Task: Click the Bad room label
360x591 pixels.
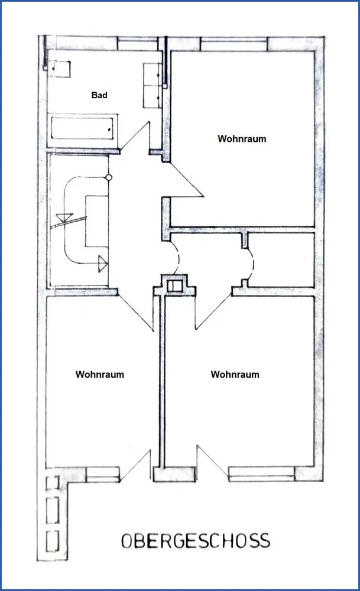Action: pos(99,95)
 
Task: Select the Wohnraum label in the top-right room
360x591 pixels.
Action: pos(242,139)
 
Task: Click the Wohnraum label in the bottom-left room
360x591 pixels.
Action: pos(100,375)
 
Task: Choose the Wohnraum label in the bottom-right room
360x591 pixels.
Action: pos(235,375)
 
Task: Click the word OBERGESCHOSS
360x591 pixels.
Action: pos(195,541)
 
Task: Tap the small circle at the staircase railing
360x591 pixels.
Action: pos(108,177)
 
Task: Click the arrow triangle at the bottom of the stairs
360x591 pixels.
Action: pos(102,263)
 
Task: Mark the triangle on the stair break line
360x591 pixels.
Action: pos(64,217)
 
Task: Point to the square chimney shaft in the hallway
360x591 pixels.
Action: pos(175,286)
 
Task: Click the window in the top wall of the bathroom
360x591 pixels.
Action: pos(138,44)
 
